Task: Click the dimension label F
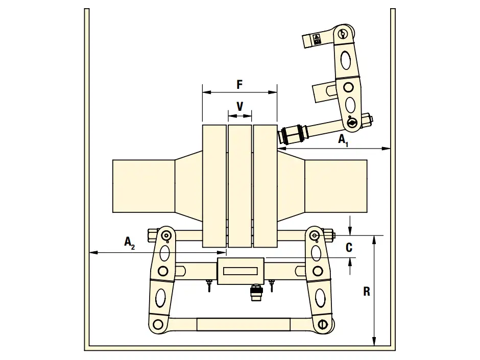[x=239, y=84]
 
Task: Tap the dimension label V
[x=240, y=107]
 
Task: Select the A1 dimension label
[x=343, y=140]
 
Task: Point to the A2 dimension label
[x=130, y=243]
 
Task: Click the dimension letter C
[x=349, y=247]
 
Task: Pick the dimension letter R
[x=367, y=292]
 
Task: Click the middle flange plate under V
[x=239, y=186]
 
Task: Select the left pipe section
[x=144, y=186]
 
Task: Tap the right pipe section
[x=336, y=186]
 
